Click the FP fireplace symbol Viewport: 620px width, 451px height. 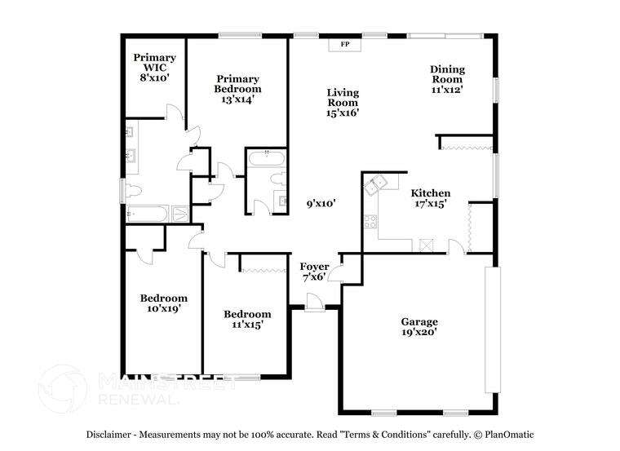tap(344, 44)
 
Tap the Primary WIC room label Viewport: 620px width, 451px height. tap(154, 58)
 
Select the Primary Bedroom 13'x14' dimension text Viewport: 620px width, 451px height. tap(237, 99)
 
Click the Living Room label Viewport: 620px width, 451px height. tap(343, 98)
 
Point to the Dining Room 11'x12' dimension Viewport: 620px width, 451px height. tap(446, 90)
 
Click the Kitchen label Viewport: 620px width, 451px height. tap(430, 193)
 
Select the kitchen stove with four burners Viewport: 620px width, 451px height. tap(371, 220)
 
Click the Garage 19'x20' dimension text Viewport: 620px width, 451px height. tap(419, 333)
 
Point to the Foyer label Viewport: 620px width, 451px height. tap(314, 267)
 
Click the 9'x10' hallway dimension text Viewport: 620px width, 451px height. tap(321, 204)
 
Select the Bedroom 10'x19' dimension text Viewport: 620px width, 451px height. tap(163, 309)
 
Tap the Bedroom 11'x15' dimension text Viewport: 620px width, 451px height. tap(247, 325)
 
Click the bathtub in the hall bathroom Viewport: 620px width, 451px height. tap(266, 159)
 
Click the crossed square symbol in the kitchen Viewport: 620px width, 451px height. tap(425, 244)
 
